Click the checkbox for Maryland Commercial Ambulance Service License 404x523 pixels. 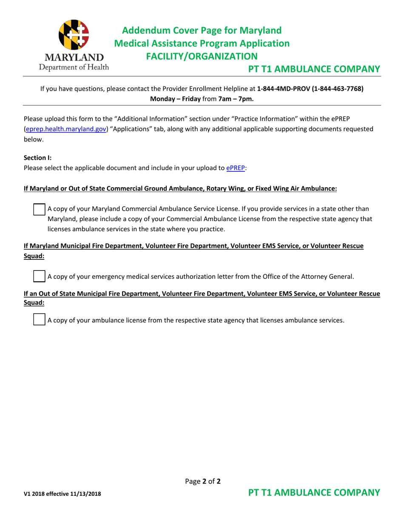[x=39, y=209]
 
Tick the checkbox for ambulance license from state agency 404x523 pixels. [x=39, y=320]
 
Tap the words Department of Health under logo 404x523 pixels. [x=74, y=67]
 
